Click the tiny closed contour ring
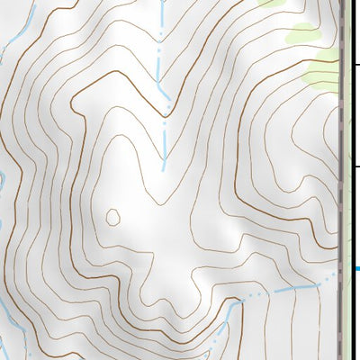tap(113, 217)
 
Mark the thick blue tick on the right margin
tap(356, 268)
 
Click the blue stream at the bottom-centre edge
tap(212, 351)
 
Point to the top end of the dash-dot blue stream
tap(159, 4)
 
